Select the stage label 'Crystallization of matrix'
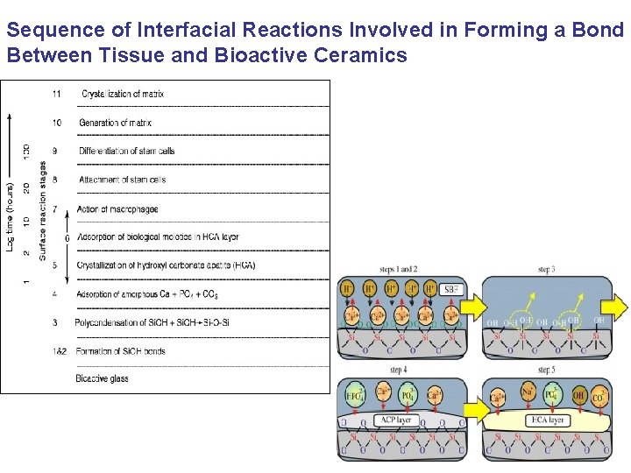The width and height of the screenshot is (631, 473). click(122, 94)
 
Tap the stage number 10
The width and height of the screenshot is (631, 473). click(56, 123)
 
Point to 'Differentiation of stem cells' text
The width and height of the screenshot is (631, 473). click(126, 151)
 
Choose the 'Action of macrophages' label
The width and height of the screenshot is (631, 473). click(117, 208)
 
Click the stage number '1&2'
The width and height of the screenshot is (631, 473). click(57, 351)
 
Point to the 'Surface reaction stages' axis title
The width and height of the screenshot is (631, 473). click(42, 210)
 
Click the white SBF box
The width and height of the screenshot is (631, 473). click(452, 290)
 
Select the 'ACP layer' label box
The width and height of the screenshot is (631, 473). click(398, 420)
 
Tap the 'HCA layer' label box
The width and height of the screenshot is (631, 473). click(546, 420)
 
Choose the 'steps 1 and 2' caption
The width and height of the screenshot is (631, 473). click(399, 269)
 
